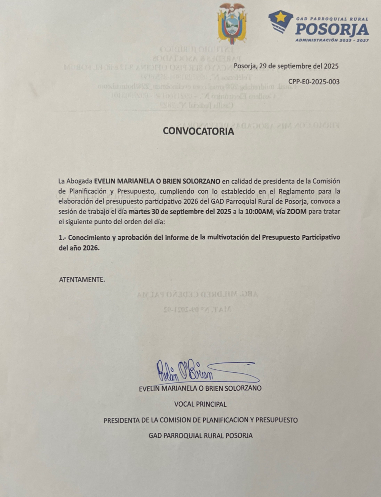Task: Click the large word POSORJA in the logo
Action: click(x=332, y=30)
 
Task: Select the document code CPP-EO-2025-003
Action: click(x=314, y=81)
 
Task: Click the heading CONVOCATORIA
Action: click(x=198, y=131)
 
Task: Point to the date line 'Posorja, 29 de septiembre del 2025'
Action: click(x=286, y=66)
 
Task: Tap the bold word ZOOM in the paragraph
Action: click(x=297, y=212)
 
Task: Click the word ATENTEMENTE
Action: click(x=82, y=279)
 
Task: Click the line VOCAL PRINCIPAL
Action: click(x=200, y=404)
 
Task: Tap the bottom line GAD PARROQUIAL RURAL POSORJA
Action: click(x=201, y=435)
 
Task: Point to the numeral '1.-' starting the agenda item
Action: click(x=63, y=237)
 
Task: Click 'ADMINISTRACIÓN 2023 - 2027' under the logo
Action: click(x=332, y=40)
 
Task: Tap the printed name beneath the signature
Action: click(x=200, y=388)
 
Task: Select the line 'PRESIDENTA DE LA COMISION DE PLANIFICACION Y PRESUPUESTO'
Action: click(x=201, y=420)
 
